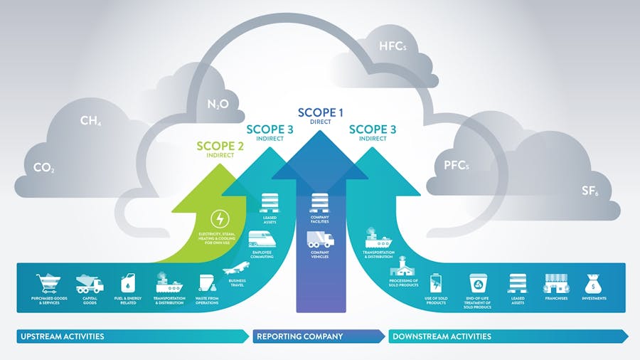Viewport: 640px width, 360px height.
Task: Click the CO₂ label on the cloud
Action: point(44,169)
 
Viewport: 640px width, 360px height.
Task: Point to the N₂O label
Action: point(217,105)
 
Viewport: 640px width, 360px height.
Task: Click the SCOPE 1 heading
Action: point(320,112)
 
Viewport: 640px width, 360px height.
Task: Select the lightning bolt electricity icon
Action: point(221,218)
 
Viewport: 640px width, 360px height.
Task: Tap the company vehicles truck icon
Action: point(320,239)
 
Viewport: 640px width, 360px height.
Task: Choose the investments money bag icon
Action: point(594,283)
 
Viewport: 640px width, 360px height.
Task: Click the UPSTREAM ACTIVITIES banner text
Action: point(63,336)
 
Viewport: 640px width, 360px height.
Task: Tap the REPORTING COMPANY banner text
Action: point(299,336)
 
